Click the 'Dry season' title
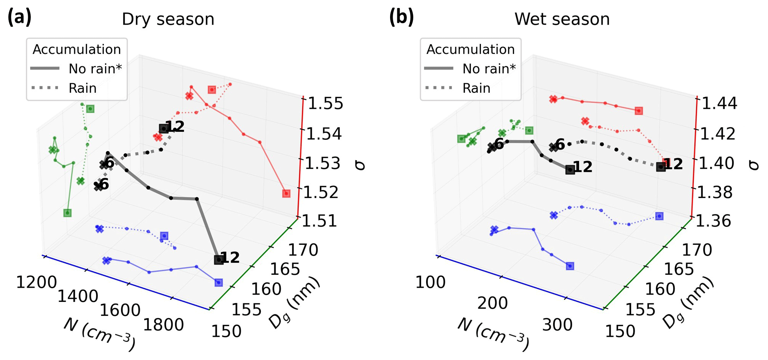coord(168,19)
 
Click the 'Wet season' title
coord(562,19)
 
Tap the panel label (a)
coord(19,17)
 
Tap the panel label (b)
coord(401,17)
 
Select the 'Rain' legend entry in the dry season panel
coord(83,88)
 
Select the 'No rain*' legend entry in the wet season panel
coord(489,69)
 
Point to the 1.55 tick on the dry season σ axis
coord(325,103)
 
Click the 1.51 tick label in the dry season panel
coord(319,221)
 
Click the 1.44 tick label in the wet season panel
coord(719,103)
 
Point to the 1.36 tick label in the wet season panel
coord(713,221)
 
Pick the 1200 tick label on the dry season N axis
coord(36,282)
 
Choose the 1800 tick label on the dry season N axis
coord(163,325)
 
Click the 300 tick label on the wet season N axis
coord(557,325)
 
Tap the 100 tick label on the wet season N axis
coord(430,282)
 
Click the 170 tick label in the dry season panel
coord(303,250)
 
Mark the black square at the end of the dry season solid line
coord(219,260)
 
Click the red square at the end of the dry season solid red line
coord(286,193)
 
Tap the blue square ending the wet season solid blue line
coord(570,266)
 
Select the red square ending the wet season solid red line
coord(639,111)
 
